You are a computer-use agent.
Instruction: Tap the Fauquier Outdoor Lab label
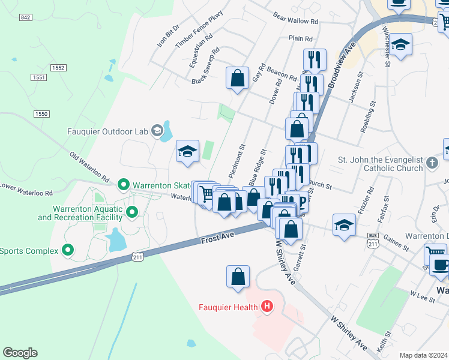pyautogui.click(x=112, y=130)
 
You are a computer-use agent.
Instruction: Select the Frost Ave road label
pyautogui.click(x=217, y=238)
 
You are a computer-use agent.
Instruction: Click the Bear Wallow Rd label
pyautogui.click(x=295, y=20)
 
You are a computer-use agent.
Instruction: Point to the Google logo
pyautogui.click(x=20, y=353)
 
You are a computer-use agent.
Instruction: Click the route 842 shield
pyautogui.click(x=25, y=17)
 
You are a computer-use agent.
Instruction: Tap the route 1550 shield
pyautogui.click(x=41, y=114)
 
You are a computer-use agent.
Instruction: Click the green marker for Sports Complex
pyautogui.click(x=68, y=250)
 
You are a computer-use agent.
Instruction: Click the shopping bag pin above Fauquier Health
pyautogui.click(x=238, y=277)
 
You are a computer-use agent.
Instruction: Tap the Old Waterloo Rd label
pyautogui.click(x=89, y=167)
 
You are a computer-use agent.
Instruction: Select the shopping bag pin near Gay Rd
pyautogui.click(x=238, y=78)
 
